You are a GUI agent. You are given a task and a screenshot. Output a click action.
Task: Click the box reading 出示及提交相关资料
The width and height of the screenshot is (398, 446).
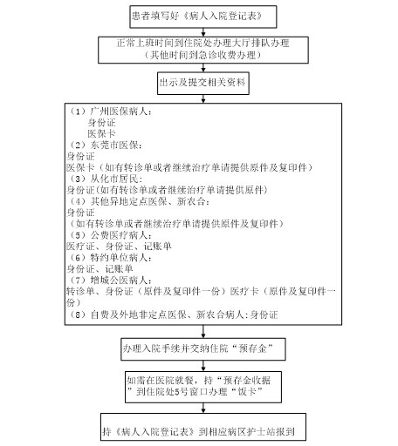click(203, 83)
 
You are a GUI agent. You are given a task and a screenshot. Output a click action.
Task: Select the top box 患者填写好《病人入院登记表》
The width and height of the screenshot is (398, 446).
click(203, 17)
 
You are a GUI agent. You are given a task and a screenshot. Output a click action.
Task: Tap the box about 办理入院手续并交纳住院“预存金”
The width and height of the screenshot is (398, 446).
click(203, 349)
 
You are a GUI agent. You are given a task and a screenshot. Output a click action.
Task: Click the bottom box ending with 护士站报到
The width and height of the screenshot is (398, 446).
click(203, 427)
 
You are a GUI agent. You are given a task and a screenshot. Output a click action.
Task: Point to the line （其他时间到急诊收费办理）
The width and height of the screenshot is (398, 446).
click(202, 55)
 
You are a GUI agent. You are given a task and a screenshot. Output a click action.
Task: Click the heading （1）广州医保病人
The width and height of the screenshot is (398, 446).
click(110, 111)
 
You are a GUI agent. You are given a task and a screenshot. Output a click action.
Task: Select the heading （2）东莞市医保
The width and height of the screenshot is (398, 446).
click(105, 145)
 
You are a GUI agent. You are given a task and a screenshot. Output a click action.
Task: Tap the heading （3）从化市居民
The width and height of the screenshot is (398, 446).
click(105, 179)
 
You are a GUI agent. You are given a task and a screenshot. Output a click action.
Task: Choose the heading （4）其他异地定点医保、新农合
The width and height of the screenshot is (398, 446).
click(139, 201)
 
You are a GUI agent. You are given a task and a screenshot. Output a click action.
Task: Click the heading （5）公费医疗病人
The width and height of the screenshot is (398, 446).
click(110, 235)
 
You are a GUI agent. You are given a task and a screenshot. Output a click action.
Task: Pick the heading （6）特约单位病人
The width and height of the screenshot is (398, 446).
click(110, 258)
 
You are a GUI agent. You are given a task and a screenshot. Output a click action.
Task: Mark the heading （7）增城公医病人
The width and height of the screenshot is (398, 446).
click(110, 280)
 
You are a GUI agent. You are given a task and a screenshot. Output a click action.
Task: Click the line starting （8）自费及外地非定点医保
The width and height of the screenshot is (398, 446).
click(173, 314)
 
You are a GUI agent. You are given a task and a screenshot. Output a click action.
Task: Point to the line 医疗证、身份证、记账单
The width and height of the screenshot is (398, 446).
click(119, 247)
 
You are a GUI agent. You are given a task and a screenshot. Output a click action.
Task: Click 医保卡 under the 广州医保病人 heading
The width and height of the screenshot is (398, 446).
click(101, 134)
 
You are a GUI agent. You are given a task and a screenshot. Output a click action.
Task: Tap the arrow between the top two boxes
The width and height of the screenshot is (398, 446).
click(203, 32)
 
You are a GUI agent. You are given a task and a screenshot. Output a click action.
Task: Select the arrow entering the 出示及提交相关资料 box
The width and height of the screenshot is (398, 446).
click(203, 68)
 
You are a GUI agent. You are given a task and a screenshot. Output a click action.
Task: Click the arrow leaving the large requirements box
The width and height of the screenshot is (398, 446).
click(203, 331)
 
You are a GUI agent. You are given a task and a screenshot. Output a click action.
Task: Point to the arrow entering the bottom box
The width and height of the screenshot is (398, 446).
click(203, 408)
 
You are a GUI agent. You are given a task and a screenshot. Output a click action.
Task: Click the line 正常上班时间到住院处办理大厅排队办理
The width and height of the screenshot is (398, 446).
click(202, 44)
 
